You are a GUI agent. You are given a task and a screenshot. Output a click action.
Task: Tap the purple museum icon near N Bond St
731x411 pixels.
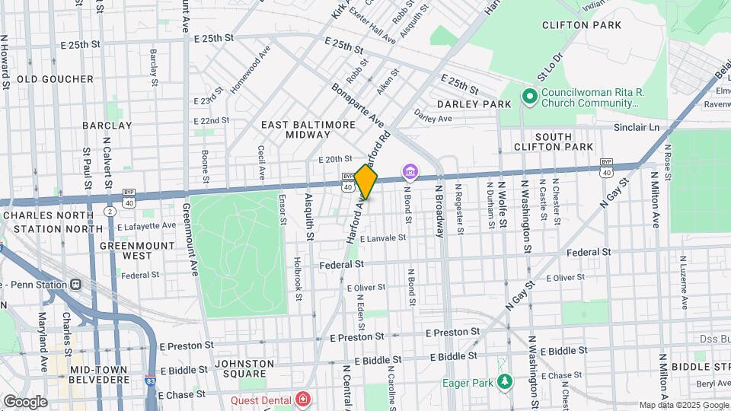pyautogui.click(x=410, y=171)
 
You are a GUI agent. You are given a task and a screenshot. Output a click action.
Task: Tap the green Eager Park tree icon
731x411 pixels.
pyautogui.click(x=503, y=381)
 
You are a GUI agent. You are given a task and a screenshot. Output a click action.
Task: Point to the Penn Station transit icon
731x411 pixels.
pyautogui.click(x=75, y=285)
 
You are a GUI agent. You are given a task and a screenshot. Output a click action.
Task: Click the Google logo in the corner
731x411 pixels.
pyautogui.click(x=25, y=401)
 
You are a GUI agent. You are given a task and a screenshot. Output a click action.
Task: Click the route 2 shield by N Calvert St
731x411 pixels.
pyautogui.click(x=110, y=209)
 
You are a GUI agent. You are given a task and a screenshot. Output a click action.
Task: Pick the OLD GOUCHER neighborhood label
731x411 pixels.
pyautogui.click(x=55, y=79)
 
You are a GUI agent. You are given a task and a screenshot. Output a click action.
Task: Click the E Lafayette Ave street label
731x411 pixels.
pyautogui.click(x=147, y=226)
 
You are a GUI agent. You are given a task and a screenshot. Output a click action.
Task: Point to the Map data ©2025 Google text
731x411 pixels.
pyautogui.click(x=683, y=405)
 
